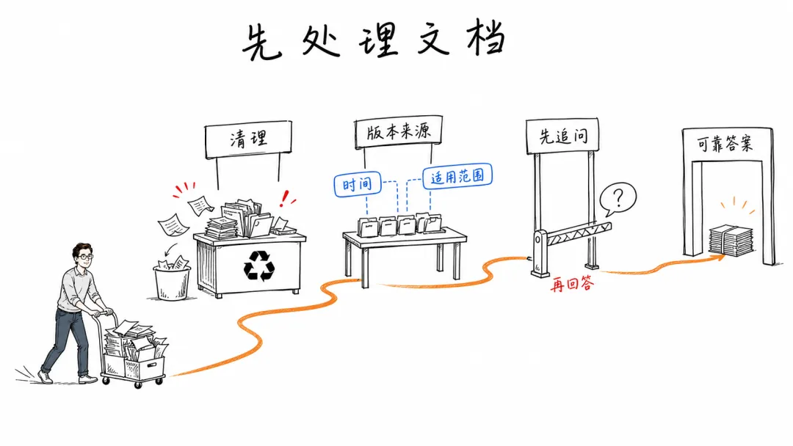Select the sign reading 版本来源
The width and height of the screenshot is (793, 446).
pyautogui.click(x=398, y=132)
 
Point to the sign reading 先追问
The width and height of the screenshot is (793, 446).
pyautogui.click(x=562, y=136)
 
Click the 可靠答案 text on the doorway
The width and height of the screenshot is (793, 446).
pyautogui.click(x=725, y=144)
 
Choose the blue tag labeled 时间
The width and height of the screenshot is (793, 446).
pyautogui.click(x=358, y=184)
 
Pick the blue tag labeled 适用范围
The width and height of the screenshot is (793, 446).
pyautogui.click(x=457, y=176)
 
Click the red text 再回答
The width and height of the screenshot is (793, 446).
pyautogui.click(x=572, y=285)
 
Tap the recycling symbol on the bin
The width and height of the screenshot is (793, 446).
pyautogui.click(x=259, y=266)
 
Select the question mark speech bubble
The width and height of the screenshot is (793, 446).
pyautogui.click(x=618, y=199)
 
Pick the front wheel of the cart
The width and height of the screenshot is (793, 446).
pyautogui.click(x=138, y=385)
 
